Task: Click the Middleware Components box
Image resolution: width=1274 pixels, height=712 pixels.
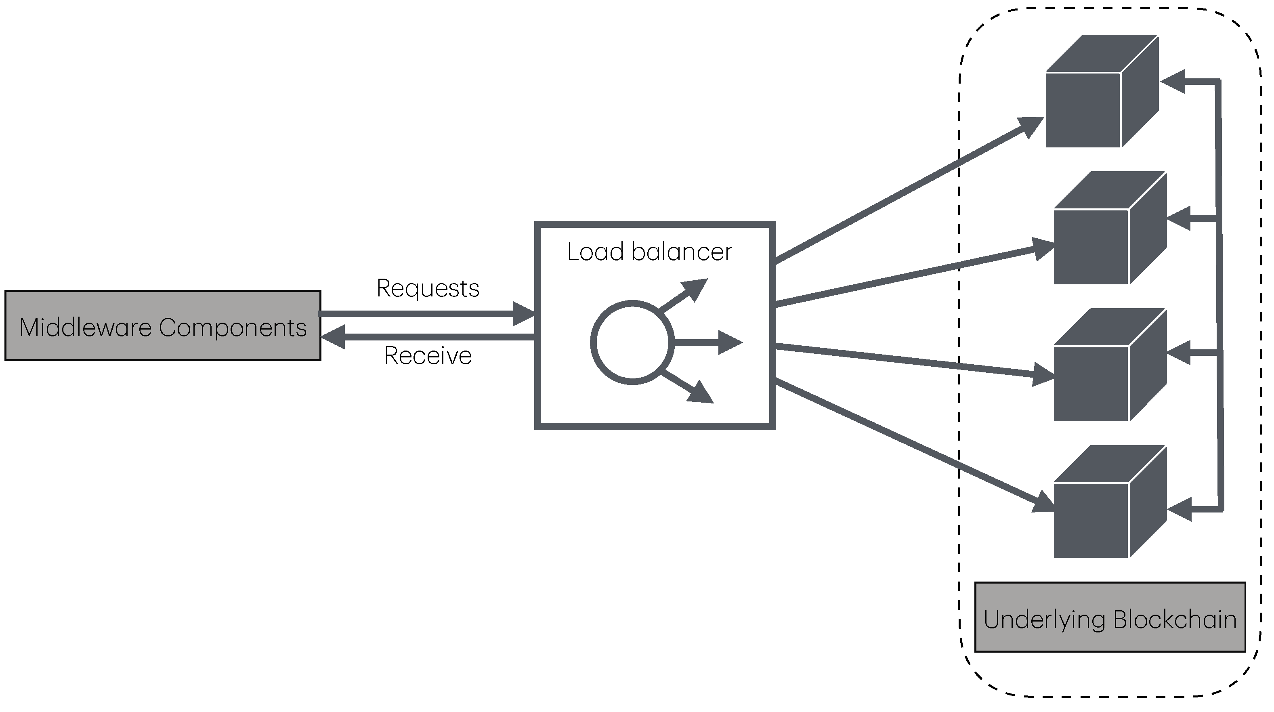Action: click(x=163, y=326)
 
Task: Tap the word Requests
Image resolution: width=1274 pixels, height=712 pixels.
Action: click(x=428, y=288)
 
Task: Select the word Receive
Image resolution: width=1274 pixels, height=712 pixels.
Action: click(x=428, y=356)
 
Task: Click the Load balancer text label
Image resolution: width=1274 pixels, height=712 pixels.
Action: click(x=649, y=252)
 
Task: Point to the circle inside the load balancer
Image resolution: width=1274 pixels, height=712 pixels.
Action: click(x=632, y=342)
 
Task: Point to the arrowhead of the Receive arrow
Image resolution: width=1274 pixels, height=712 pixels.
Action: click(x=332, y=337)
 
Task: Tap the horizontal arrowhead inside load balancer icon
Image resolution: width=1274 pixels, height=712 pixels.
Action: click(x=730, y=342)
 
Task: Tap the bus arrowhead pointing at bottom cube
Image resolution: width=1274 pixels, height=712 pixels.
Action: click(x=1179, y=508)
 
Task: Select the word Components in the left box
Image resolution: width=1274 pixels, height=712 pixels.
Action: click(x=233, y=328)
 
